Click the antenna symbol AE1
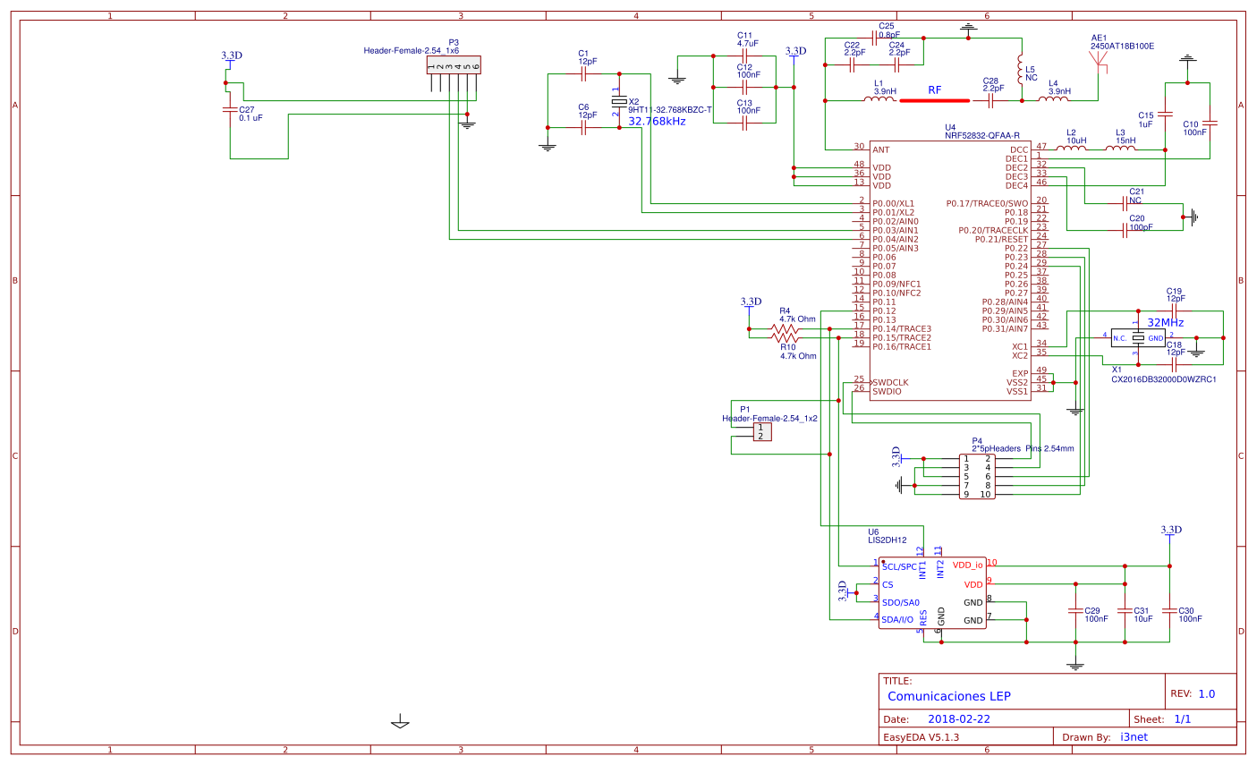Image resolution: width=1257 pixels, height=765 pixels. (1099, 61)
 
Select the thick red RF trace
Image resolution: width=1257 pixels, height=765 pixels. (934, 100)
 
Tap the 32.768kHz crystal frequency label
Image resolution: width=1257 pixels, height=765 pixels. (657, 121)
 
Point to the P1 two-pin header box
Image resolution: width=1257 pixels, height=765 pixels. (760, 432)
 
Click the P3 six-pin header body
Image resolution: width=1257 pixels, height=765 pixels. (453, 65)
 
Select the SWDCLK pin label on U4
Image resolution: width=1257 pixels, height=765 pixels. (890, 382)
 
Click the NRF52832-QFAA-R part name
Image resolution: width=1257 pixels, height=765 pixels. (981, 135)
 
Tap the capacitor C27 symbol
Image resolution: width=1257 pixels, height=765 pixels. (229, 109)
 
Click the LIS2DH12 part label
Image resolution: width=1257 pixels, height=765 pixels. (888, 540)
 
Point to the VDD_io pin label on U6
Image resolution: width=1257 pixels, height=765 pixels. (967, 565)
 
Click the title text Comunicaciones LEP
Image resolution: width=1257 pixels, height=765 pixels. (948, 695)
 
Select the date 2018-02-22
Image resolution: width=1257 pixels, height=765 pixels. (958, 718)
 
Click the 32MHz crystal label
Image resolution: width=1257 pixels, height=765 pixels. (1165, 322)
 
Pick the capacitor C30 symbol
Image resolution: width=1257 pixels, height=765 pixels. (1168, 610)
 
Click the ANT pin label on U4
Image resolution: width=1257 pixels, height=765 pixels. (881, 149)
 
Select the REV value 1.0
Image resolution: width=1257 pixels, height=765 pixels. (1206, 693)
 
